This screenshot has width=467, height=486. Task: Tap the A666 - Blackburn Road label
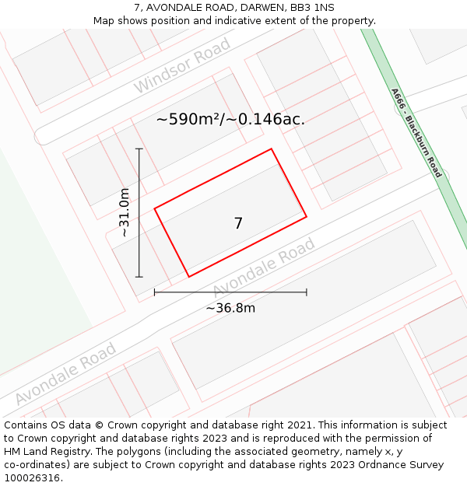pos(416,132)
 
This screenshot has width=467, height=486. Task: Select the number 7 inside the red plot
pos(238,223)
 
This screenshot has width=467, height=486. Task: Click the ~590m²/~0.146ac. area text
pos(230,119)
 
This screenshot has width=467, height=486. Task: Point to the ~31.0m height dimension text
pos(124,212)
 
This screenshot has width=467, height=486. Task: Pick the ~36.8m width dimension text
pos(230,308)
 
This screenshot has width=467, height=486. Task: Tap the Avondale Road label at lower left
pos(65,374)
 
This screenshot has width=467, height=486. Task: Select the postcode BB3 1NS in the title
pos(312,8)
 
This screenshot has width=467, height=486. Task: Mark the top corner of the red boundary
pos(271,149)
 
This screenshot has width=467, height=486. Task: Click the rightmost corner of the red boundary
pos(306,217)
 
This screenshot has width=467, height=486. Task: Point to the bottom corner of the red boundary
pos(189,276)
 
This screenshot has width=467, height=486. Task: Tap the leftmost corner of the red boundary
pos(155,208)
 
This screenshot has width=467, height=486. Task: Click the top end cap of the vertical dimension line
pos(139,149)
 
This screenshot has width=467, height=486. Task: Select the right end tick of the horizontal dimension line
pos(306,292)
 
